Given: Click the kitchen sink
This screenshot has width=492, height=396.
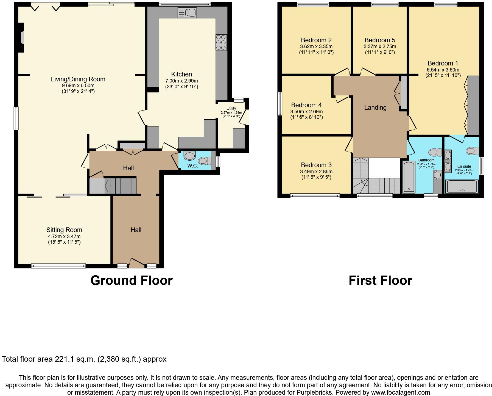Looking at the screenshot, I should [187, 13].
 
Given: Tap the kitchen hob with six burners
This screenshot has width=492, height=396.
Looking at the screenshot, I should [221, 42].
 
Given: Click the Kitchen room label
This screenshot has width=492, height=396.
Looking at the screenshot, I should [181, 74].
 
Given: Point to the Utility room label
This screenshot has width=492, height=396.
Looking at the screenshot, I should [231, 108].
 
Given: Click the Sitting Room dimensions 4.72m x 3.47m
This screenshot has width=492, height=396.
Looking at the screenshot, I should [64, 237].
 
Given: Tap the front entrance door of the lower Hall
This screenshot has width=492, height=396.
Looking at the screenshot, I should [137, 263].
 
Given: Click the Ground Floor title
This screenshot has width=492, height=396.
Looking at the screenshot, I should [131, 280].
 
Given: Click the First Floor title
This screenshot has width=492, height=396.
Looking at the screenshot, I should [380, 280].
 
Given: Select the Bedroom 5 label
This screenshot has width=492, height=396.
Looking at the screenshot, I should [380, 40].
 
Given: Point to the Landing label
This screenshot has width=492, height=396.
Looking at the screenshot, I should [375, 108].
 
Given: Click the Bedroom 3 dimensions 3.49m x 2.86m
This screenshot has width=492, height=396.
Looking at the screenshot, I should [316, 172].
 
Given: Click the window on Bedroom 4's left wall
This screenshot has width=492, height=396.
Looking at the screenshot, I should [280, 104].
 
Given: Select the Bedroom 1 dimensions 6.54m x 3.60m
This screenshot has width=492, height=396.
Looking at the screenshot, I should [443, 70].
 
